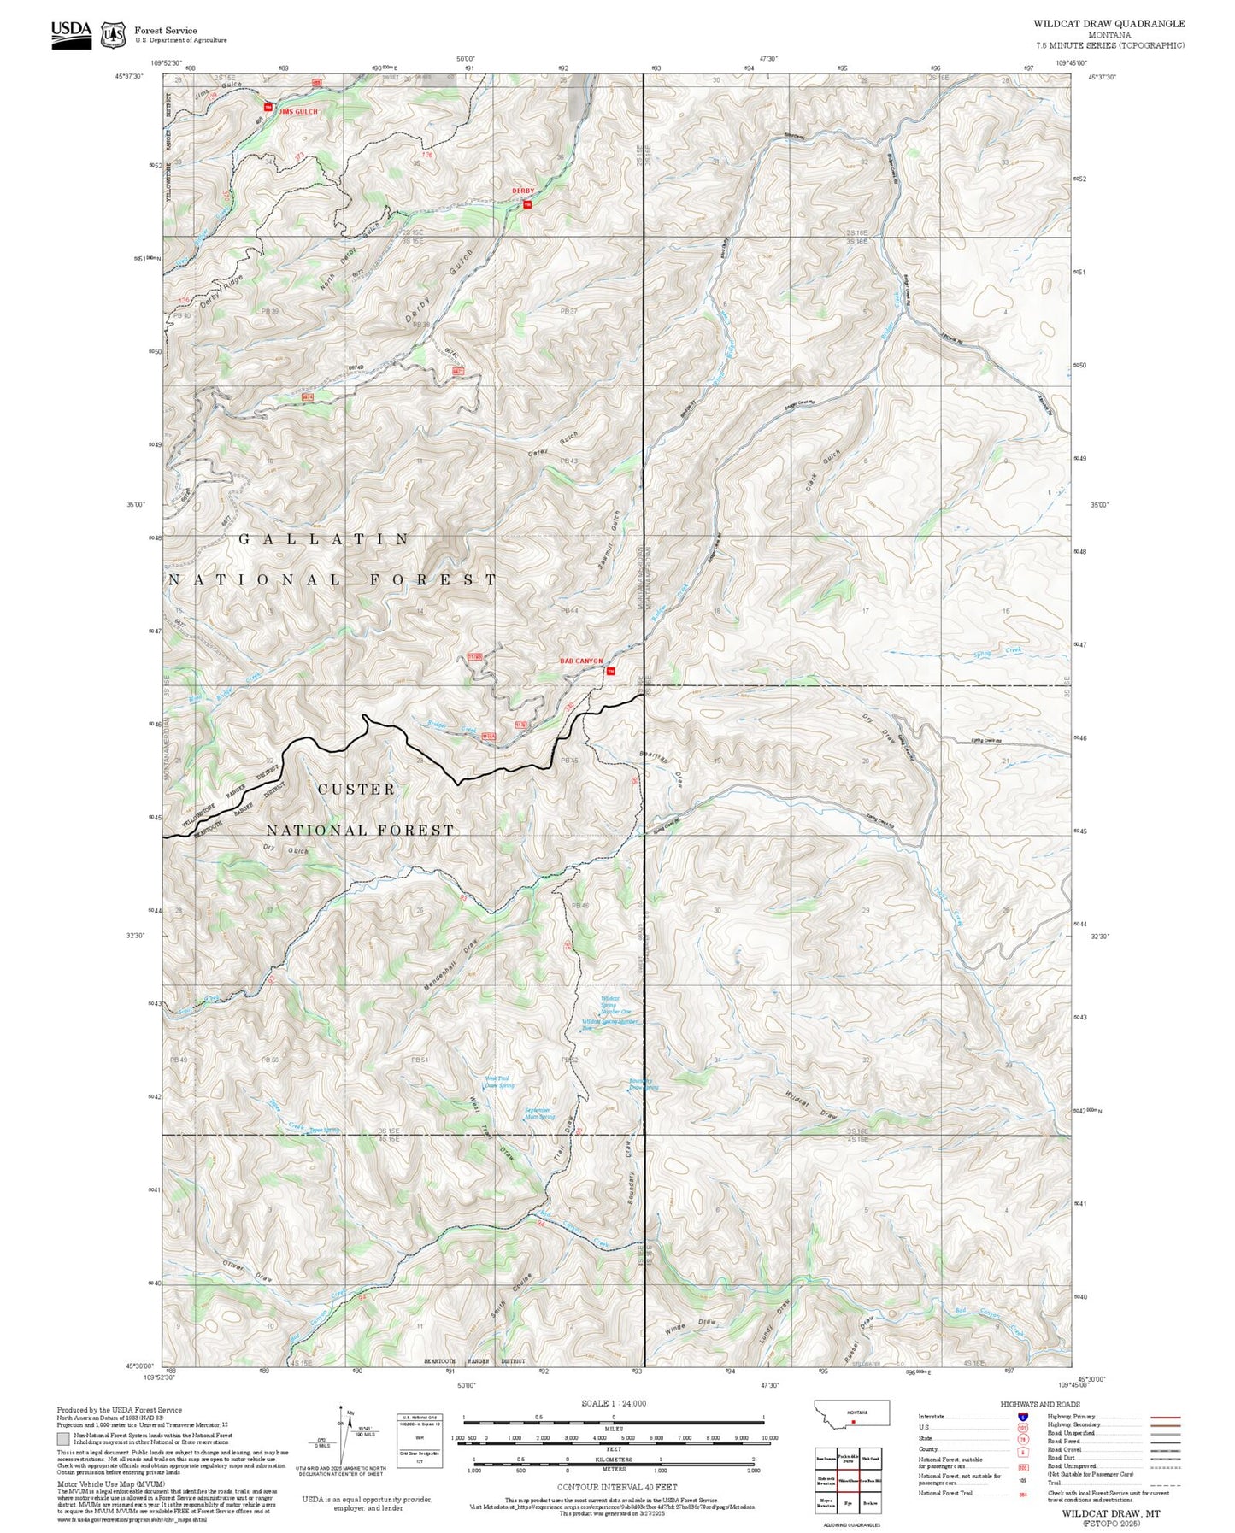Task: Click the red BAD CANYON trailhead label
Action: tap(581, 661)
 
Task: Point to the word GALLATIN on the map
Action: tap(324, 539)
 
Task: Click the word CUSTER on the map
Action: tap(356, 790)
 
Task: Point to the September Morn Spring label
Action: tap(539, 1113)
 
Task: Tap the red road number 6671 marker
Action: tap(458, 371)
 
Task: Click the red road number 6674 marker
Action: tap(309, 397)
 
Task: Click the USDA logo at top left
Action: tap(71, 33)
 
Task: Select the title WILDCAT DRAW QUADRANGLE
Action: tap(1109, 24)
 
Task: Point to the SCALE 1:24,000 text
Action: tap(614, 1403)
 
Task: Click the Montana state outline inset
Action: tap(852, 1413)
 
